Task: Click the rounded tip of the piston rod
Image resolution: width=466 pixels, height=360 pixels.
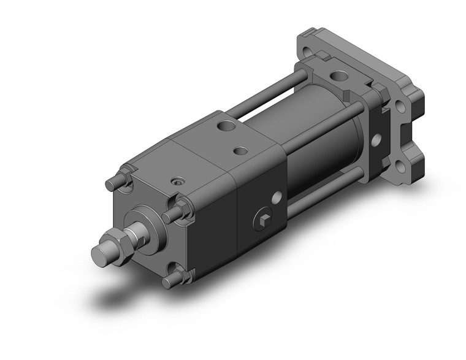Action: [100, 253]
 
